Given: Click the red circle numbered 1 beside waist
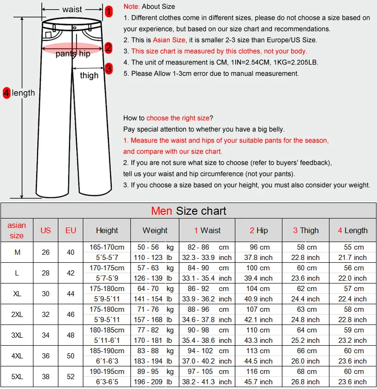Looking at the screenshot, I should [x=109, y=11].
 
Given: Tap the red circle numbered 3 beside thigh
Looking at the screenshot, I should [x=109, y=69].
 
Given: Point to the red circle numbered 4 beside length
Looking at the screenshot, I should [x=7, y=93].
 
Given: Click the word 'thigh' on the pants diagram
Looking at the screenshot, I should [x=89, y=75].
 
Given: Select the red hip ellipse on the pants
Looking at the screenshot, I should [x=73, y=49].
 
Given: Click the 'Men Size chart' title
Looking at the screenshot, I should [x=188, y=211].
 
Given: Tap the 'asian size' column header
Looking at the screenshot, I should [x=16, y=230].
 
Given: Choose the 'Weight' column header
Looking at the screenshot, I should [x=155, y=230].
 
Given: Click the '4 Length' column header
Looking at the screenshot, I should [x=352, y=230].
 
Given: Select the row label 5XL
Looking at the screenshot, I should [x=17, y=376].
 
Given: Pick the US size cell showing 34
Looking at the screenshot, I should [x=46, y=335].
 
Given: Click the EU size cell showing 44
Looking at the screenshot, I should [x=71, y=293].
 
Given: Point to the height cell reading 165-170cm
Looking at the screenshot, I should [x=107, y=247].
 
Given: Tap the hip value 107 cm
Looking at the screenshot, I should [x=258, y=309].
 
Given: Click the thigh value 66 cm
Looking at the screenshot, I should [x=306, y=351].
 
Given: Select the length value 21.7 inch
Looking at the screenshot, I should [x=352, y=258].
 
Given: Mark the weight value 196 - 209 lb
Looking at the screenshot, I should [x=155, y=382].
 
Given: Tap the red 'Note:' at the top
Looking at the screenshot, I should [x=131, y=7].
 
